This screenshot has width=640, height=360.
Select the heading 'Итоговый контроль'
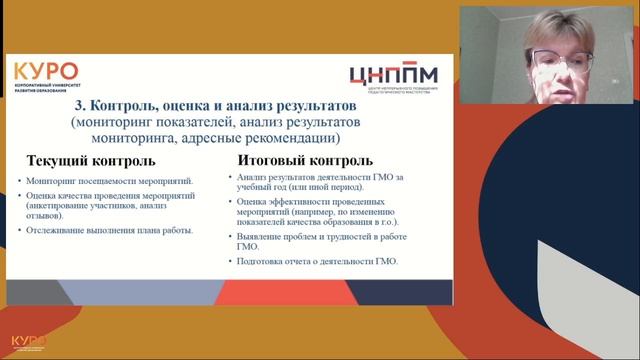click(305, 160)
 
